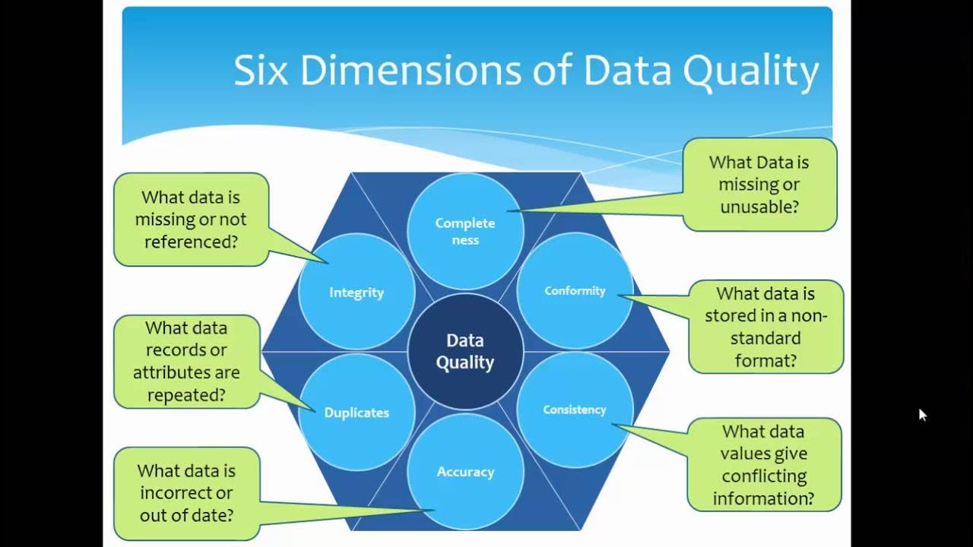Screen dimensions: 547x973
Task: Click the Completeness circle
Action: pyautogui.click(x=465, y=231)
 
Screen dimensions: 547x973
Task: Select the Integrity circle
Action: pyautogui.click(x=357, y=292)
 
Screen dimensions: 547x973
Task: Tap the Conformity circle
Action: pyautogui.click(x=575, y=291)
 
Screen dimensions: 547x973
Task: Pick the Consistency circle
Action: pyautogui.click(x=575, y=409)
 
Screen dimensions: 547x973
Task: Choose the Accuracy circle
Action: pyautogui.click(x=465, y=472)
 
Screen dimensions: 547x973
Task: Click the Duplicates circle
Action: pyautogui.click(x=357, y=413)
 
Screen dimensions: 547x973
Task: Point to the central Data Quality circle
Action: pyautogui.click(x=465, y=352)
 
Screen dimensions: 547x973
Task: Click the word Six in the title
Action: pyautogui.click(x=262, y=70)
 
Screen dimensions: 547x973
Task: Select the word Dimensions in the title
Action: pyautogui.click(x=410, y=70)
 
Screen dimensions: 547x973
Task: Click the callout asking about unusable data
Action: pyautogui.click(x=759, y=185)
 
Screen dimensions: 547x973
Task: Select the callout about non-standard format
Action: pyautogui.click(x=765, y=327)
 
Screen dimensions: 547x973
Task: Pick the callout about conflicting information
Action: pyautogui.click(x=763, y=464)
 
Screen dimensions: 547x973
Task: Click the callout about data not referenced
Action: pyautogui.click(x=191, y=220)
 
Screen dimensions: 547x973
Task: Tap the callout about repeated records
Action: pyautogui.click(x=186, y=362)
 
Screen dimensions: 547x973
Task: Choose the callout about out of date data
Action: pyautogui.click(x=186, y=493)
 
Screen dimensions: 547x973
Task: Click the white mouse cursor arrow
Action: pyautogui.click(x=921, y=413)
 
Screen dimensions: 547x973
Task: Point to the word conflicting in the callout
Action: pyautogui.click(x=764, y=476)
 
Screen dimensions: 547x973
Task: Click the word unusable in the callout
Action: pyautogui.click(x=759, y=206)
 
